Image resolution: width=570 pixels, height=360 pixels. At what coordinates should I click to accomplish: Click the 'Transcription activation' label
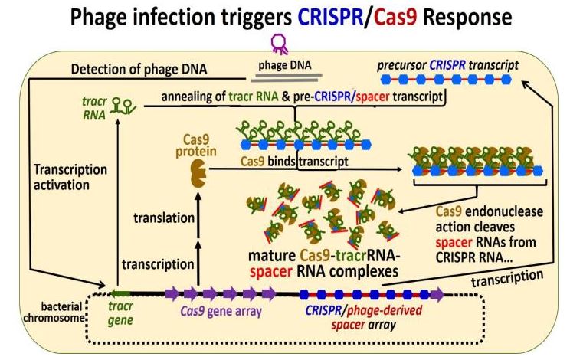70,177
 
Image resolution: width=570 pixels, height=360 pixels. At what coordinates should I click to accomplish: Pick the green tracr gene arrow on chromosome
122,293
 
